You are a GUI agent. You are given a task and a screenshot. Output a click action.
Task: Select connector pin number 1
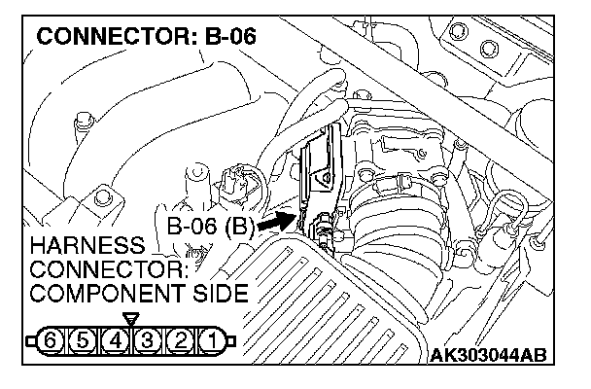(x=210, y=342)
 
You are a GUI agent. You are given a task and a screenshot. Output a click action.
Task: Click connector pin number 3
(x=147, y=342)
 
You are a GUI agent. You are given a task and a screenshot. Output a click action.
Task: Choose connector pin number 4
(x=116, y=342)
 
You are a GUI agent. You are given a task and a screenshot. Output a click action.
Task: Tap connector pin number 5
(x=85, y=342)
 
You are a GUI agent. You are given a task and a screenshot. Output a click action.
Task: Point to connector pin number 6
(x=53, y=342)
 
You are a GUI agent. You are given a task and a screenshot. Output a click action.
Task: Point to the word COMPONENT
(x=101, y=292)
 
